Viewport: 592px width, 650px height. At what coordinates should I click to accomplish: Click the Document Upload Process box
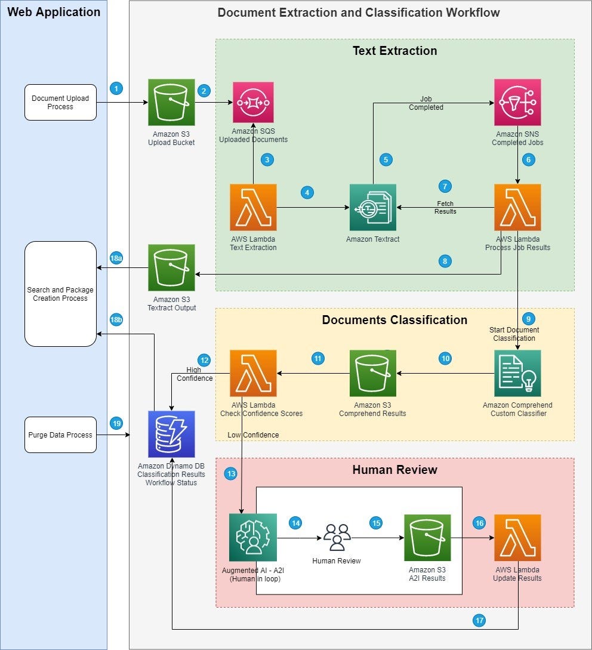point(60,102)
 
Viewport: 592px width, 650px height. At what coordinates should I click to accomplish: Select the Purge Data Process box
point(60,435)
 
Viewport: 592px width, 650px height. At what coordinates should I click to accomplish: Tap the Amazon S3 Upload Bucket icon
point(171,102)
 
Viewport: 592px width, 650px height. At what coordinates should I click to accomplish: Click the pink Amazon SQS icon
point(253,102)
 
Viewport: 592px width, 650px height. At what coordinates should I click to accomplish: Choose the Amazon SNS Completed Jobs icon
point(517,102)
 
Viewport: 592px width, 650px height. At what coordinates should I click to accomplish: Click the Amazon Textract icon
point(373,207)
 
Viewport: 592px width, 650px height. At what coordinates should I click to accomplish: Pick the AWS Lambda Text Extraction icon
point(253,207)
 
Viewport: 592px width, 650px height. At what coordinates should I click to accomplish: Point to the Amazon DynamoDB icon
point(171,435)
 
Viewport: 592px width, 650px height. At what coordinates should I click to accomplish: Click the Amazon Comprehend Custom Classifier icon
point(517,373)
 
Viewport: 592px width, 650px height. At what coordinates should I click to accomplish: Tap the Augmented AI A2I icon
point(252,537)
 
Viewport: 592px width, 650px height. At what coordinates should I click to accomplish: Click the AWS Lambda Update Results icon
point(517,537)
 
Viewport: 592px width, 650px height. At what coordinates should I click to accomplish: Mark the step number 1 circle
point(117,88)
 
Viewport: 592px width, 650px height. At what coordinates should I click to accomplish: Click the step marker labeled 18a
point(117,258)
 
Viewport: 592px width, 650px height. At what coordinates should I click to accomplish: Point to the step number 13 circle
point(231,473)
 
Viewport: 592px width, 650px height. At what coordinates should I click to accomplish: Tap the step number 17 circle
point(479,620)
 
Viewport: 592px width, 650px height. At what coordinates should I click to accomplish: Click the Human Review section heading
point(394,470)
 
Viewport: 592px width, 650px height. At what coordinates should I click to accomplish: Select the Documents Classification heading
point(394,320)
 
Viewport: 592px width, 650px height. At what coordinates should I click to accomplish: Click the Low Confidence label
point(253,435)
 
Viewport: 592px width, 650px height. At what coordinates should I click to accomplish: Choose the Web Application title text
point(54,12)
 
